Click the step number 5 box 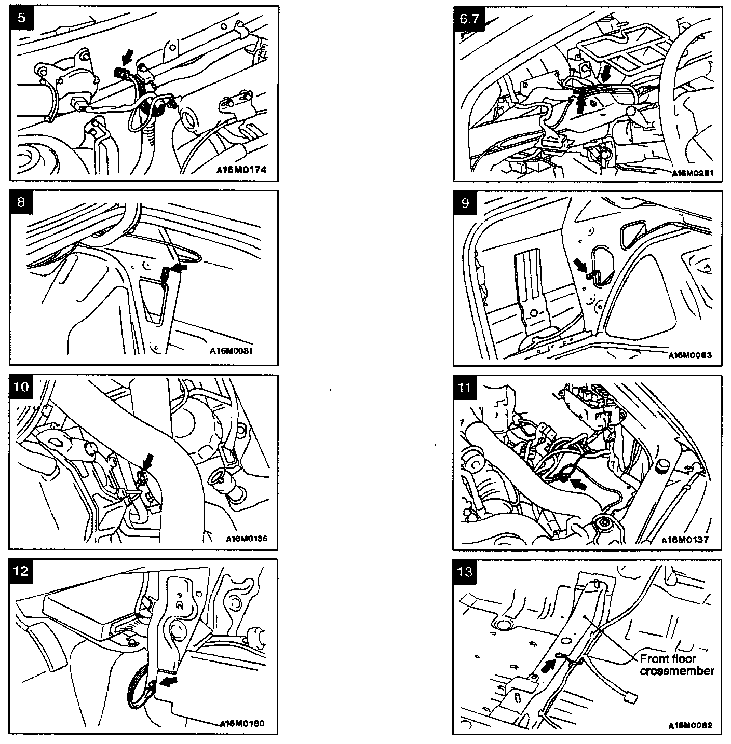[x=20, y=17]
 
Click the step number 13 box [x=465, y=571]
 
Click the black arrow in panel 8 [x=180, y=268]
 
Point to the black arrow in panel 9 [x=580, y=266]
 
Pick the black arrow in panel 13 [x=547, y=666]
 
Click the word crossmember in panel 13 [x=676, y=671]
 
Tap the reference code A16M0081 [x=231, y=351]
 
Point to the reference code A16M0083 [x=690, y=355]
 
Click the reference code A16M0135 [x=247, y=539]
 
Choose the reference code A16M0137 [x=684, y=540]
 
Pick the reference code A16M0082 [x=690, y=725]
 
